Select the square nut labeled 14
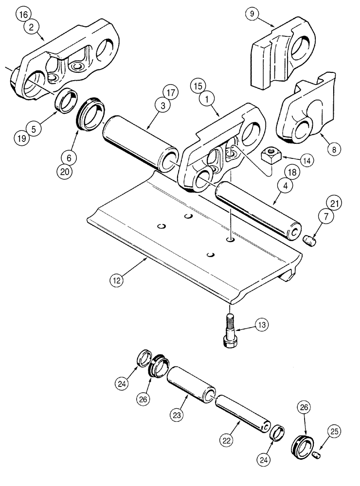coord(269,156)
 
